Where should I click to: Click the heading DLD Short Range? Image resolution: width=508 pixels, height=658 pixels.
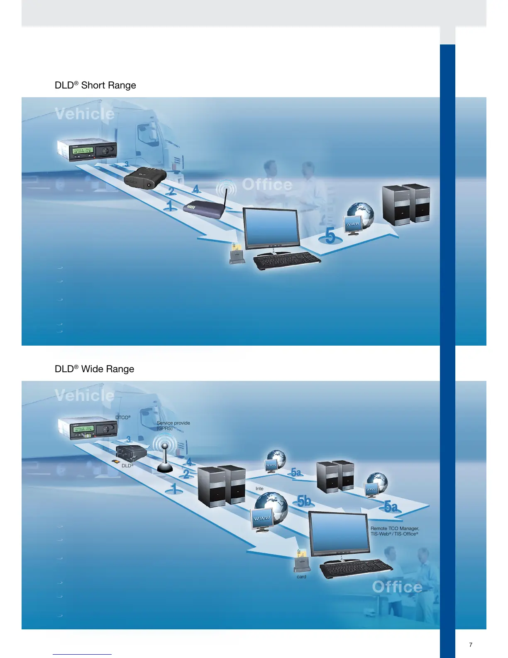pyautogui.click(x=95, y=85)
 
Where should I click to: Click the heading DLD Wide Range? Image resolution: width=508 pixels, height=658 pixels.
pyautogui.click(x=95, y=369)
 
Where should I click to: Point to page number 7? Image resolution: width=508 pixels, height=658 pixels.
pyautogui.click(x=471, y=645)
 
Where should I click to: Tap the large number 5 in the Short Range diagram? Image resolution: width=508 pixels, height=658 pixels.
pyautogui.click(x=330, y=236)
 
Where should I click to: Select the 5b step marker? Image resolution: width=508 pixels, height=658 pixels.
pyautogui.click(x=304, y=501)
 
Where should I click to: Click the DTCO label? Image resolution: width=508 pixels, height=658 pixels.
pyautogui.click(x=123, y=417)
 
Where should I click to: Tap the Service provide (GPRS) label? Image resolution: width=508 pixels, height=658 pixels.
pyautogui.click(x=173, y=425)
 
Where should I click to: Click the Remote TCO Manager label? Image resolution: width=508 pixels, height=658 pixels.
pyautogui.click(x=395, y=531)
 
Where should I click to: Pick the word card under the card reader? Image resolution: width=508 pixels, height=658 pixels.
pyautogui.click(x=301, y=577)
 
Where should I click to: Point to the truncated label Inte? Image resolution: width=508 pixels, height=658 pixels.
pyautogui.click(x=259, y=489)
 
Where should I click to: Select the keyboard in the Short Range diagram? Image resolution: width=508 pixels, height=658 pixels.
pyautogui.click(x=287, y=260)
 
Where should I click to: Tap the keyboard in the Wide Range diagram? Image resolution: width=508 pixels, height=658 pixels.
pyautogui.click(x=356, y=568)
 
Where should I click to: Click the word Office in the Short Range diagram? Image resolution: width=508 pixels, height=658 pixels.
pyautogui.click(x=267, y=184)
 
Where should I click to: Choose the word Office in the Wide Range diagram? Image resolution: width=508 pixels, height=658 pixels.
pyautogui.click(x=397, y=587)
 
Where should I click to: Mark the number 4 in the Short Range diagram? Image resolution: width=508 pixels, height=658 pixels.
pyautogui.click(x=196, y=189)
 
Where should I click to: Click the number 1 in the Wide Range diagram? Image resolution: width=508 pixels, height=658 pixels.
pyautogui.click(x=174, y=488)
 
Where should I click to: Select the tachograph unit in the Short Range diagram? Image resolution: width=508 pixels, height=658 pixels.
pyautogui.click(x=87, y=149)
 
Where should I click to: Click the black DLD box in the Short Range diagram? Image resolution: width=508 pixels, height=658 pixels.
pyautogui.click(x=145, y=178)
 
